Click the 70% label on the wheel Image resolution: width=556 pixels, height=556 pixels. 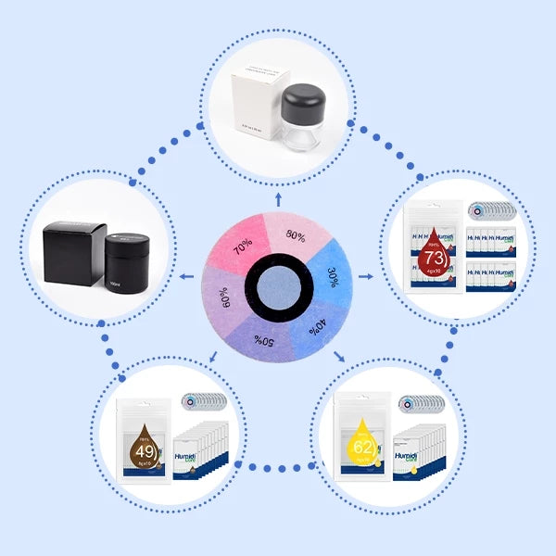tap(242, 248)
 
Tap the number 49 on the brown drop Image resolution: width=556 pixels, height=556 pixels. tap(144, 451)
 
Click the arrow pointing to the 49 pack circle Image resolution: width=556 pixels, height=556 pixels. tap(215, 356)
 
